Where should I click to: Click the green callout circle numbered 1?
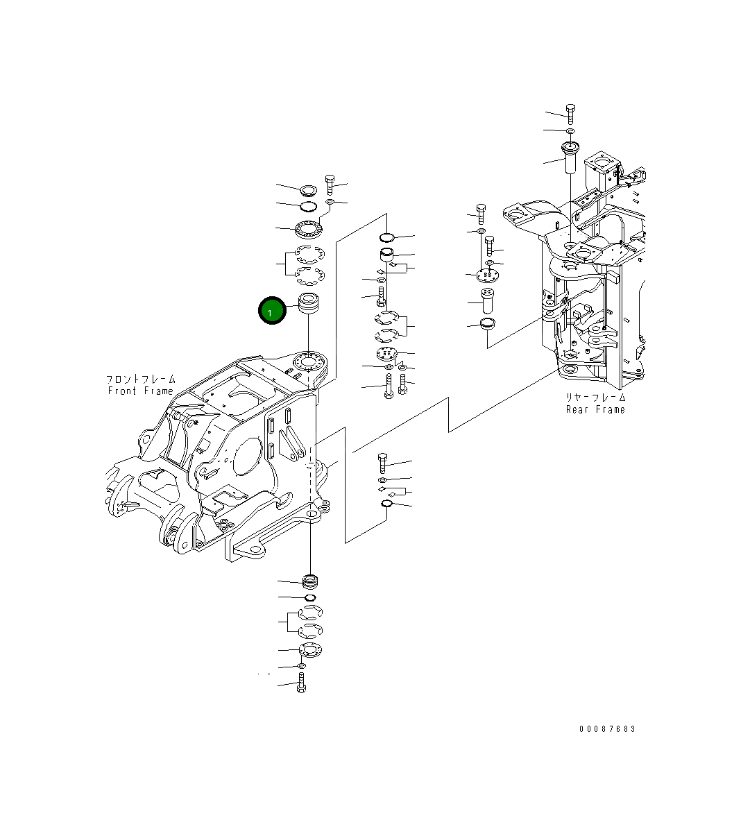[x=271, y=312]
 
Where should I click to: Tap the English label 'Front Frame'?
[x=140, y=391]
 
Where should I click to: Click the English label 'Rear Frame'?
[x=595, y=409]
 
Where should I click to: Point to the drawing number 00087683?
[x=607, y=729]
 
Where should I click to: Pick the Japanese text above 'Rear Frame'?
[x=595, y=398]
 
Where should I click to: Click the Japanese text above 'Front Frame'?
[x=140, y=379]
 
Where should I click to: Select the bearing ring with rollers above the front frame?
[x=308, y=227]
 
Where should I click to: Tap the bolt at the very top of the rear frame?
[x=570, y=113]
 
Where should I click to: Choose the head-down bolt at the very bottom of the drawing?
[x=302, y=683]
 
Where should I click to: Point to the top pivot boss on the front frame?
[x=308, y=361]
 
